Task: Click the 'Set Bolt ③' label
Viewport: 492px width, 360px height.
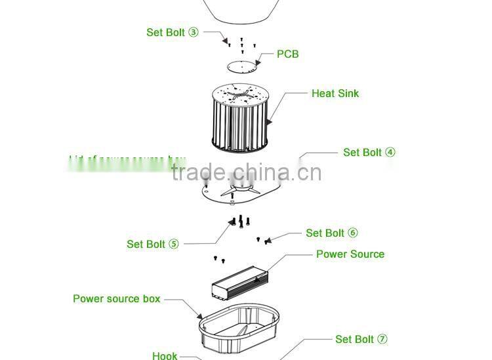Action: (172, 32)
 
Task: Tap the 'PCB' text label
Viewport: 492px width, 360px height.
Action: (287, 54)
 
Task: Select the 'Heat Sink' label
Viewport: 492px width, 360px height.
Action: (335, 93)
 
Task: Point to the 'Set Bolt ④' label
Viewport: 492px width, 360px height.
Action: (369, 152)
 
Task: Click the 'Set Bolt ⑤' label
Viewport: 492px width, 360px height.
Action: (152, 244)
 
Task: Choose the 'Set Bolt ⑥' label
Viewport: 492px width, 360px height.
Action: (331, 233)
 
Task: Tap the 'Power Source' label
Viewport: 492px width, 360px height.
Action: (350, 254)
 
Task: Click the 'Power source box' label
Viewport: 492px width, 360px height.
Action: (116, 298)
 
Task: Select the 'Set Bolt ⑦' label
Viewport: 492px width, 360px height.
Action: (361, 339)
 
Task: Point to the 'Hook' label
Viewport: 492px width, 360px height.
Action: (165, 355)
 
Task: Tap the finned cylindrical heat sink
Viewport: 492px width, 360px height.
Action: (240, 118)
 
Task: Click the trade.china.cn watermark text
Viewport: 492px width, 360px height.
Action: (246, 172)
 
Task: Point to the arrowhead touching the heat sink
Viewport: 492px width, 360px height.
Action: (269, 122)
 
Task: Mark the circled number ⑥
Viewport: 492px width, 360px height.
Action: (352, 233)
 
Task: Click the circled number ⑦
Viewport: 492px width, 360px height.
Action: (382, 339)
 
